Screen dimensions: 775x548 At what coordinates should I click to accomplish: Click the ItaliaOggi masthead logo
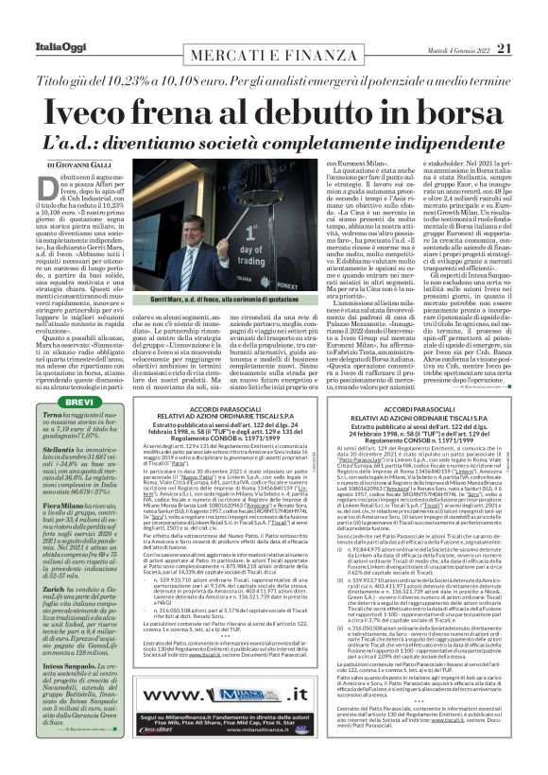click(39, 21)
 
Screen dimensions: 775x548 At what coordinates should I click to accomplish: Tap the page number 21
click(530, 21)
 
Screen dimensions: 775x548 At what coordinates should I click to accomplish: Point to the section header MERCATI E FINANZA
click(273, 23)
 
